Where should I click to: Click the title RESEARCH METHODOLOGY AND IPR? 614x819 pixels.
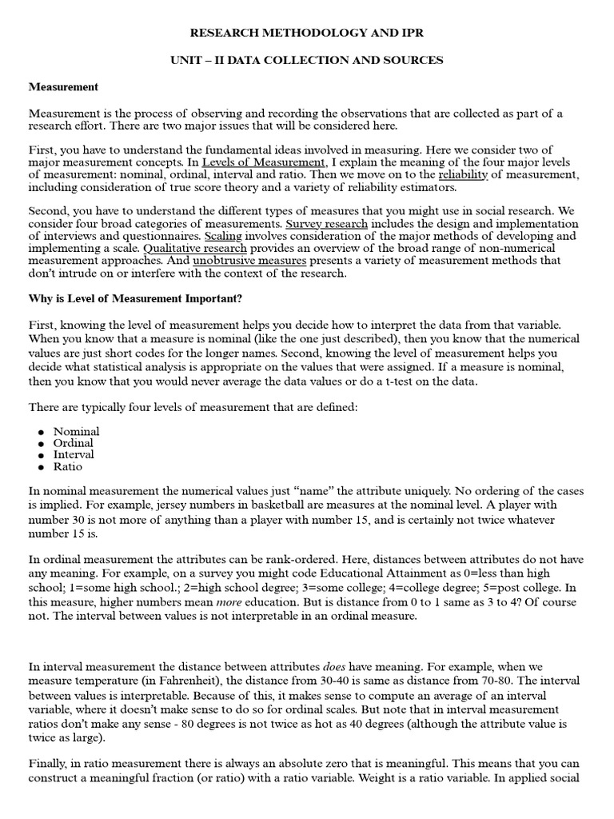[x=307, y=34]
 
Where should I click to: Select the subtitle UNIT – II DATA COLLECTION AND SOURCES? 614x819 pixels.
[x=307, y=61]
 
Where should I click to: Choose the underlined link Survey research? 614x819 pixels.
[x=326, y=225]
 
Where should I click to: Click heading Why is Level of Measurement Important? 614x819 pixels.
[x=135, y=299]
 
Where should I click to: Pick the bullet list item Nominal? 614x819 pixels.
[x=76, y=431]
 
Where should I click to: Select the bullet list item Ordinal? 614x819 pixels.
[x=73, y=443]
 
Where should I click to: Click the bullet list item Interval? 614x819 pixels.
[x=74, y=454]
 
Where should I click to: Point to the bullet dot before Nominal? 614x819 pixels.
[x=38, y=432]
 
